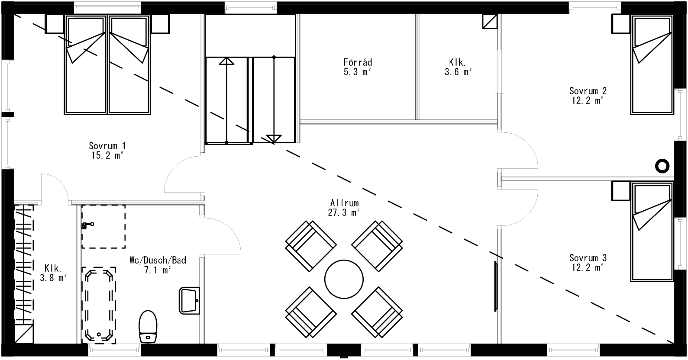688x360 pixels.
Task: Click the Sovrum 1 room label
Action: (x=107, y=151)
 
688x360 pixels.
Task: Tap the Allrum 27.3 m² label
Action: (x=345, y=207)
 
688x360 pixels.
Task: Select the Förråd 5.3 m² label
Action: (x=358, y=67)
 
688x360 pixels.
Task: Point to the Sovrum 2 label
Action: (x=588, y=95)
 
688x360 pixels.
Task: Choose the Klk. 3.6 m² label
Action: (x=458, y=67)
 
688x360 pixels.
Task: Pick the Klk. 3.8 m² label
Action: (x=53, y=273)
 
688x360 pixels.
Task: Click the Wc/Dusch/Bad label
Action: (x=158, y=265)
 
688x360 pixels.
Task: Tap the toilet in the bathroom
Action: (x=148, y=326)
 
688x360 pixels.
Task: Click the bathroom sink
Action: (x=189, y=300)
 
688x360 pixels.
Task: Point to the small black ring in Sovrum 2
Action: (x=662, y=165)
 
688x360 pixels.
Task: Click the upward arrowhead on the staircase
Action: (x=226, y=61)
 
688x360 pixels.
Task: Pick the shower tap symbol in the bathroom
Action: (x=88, y=225)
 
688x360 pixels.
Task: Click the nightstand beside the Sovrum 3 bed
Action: (x=620, y=191)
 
